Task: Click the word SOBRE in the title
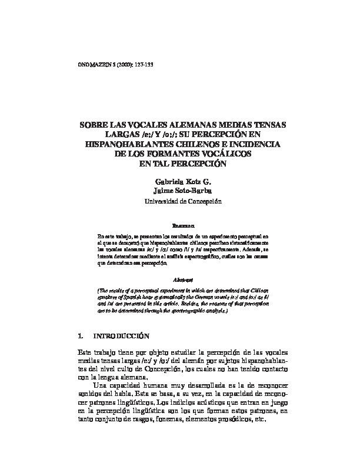tap(95, 126)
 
